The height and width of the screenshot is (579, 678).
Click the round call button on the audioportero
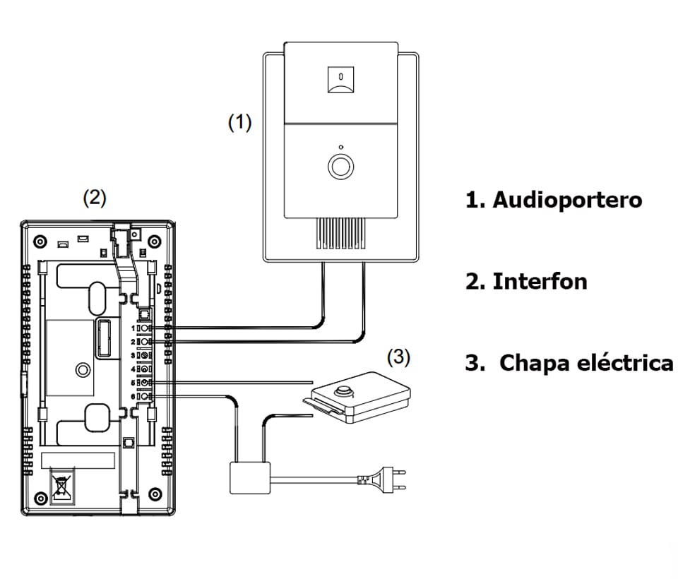[x=340, y=167]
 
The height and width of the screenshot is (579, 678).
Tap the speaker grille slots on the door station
[x=341, y=234]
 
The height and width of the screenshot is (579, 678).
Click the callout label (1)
[x=239, y=122]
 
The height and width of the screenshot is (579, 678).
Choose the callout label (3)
[x=399, y=357]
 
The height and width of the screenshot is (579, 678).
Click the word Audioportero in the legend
[x=567, y=200]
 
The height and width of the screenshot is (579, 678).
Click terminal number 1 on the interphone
[x=143, y=328]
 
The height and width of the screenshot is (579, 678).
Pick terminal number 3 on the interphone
[x=143, y=355]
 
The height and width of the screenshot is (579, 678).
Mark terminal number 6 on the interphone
[x=143, y=396]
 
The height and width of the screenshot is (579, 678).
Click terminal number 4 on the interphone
[x=143, y=369]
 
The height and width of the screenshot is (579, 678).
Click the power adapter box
[x=250, y=477]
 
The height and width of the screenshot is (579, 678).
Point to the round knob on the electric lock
[x=345, y=391]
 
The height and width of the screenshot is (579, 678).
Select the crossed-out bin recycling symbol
[x=61, y=487]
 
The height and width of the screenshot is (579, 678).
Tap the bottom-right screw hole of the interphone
[x=156, y=494]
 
